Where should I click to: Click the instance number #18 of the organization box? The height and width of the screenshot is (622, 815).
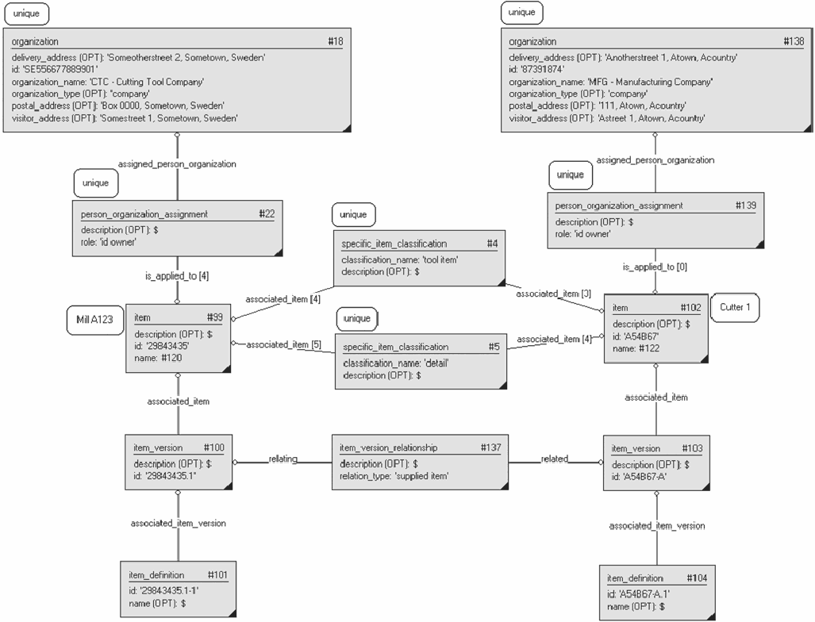tap(335, 41)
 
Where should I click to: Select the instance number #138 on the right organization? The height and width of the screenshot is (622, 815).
tap(794, 41)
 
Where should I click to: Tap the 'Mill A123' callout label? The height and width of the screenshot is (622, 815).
tap(94, 320)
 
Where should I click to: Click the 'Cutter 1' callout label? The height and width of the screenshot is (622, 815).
tap(735, 307)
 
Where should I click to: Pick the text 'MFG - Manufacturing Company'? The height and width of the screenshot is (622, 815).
tap(650, 82)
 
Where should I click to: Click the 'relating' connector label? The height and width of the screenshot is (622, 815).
tap(283, 459)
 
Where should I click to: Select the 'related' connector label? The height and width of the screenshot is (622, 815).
tap(555, 459)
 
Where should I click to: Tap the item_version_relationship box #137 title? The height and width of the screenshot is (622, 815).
tap(388, 447)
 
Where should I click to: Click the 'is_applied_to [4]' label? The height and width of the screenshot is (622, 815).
tap(177, 276)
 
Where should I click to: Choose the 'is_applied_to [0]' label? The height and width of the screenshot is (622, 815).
tap(655, 267)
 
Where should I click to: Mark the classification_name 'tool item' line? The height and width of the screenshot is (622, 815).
tap(400, 259)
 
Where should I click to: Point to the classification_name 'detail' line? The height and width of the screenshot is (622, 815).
tap(395, 363)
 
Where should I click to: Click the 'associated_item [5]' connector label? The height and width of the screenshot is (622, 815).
tap(283, 344)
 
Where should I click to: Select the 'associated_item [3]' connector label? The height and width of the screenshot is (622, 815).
tap(554, 294)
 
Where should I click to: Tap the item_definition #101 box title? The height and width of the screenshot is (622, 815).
tap(156, 574)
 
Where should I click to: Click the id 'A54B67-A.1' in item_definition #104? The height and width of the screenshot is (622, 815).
tap(638, 594)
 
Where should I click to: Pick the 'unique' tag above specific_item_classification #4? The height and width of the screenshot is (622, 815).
tap(353, 215)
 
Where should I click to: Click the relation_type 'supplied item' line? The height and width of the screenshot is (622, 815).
tap(394, 476)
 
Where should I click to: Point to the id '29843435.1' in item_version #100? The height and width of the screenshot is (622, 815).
tap(165, 476)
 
